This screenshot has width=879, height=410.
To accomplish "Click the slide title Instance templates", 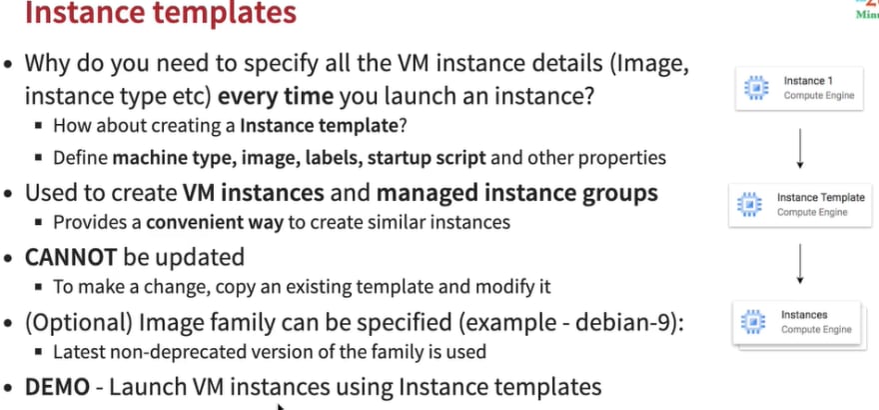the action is [x=161, y=12].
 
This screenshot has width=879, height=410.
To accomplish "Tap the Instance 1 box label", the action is [x=804, y=81].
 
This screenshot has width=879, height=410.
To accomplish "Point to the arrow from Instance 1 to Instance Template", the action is [x=800, y=149].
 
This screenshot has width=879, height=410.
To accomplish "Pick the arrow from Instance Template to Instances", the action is [x=800, y=264].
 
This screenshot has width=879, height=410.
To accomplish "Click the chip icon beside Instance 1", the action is [x=756, y=89].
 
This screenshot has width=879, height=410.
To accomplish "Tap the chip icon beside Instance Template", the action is [x=749, y=205].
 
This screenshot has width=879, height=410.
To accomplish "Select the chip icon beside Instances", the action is [x=753, y=322].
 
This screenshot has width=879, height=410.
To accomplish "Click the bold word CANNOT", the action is [x=71, y=257].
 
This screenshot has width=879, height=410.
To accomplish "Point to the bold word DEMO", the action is [x=57, y=387].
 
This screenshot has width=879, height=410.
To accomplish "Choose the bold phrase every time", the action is [x=276, y=96].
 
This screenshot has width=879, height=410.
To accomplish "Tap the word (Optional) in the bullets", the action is [x=78, y=323].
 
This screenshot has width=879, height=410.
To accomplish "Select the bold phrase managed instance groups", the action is [x=516, y=194].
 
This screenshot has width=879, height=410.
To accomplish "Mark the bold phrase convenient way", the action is [x=215, y=223].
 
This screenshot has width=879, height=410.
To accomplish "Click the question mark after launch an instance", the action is [x=588, y=96].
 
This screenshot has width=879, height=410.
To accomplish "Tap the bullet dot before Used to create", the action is [x=7, y=194].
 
